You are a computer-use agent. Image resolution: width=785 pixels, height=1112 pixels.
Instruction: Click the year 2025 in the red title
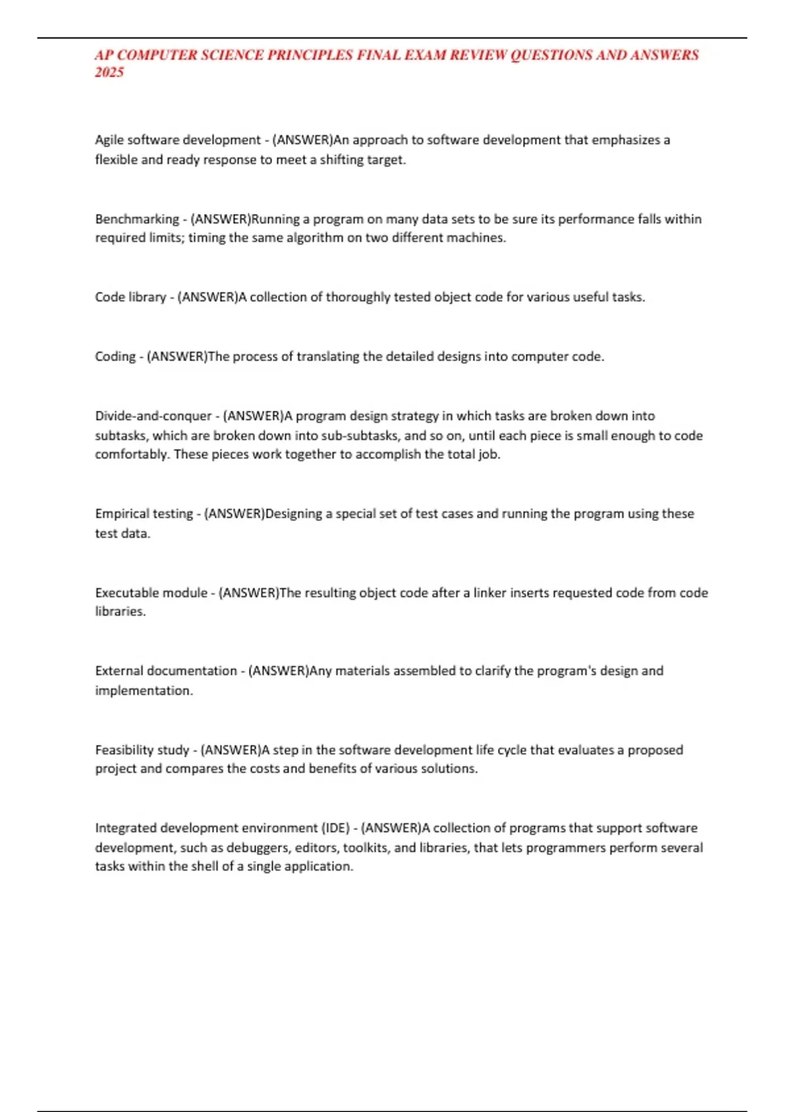tap(109, 73)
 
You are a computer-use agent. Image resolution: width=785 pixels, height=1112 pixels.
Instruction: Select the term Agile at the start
tap(109, 140)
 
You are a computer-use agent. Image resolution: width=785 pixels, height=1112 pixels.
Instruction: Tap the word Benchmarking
tap(137, 219)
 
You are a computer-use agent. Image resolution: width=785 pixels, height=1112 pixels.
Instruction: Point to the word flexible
tap(116, 160)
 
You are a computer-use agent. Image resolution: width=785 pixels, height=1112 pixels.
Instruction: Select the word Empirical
tap(122, 514)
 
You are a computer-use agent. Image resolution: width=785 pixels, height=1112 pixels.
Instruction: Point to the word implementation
tap(143, 691)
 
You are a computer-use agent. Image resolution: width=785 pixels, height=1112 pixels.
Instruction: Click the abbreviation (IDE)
tap(336, 828)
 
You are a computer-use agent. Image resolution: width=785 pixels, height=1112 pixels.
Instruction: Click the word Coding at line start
tap(115, 356)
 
